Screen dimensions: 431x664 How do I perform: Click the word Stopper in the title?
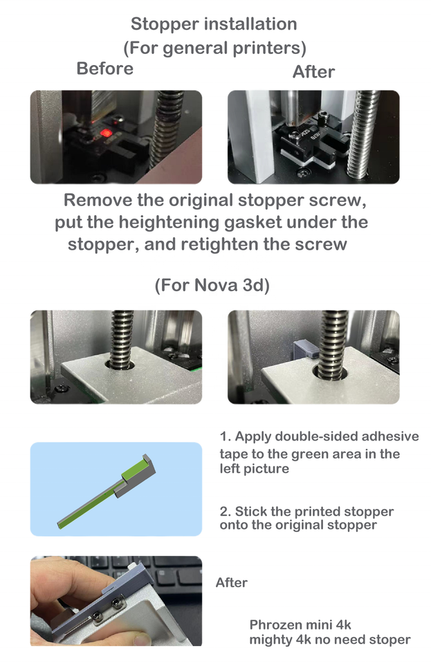tap(159, 25)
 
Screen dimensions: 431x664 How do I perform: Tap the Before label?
tap(105, 68)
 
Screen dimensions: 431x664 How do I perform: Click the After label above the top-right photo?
tap(313, 72)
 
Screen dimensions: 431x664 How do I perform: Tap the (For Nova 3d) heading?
tap(212, 285)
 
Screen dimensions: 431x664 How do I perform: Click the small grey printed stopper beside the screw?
tap(305, 348)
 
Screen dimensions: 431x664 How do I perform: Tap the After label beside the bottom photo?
tap(232, 582)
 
